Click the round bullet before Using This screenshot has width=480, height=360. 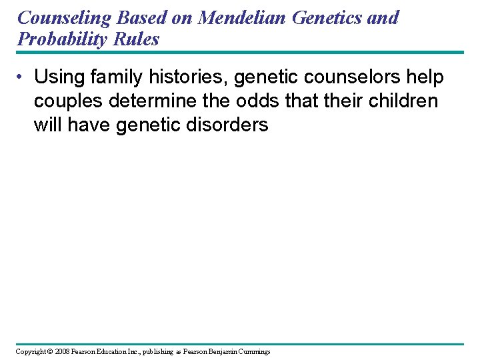coord(21,78)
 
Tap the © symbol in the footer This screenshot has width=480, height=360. coord(49,351)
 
